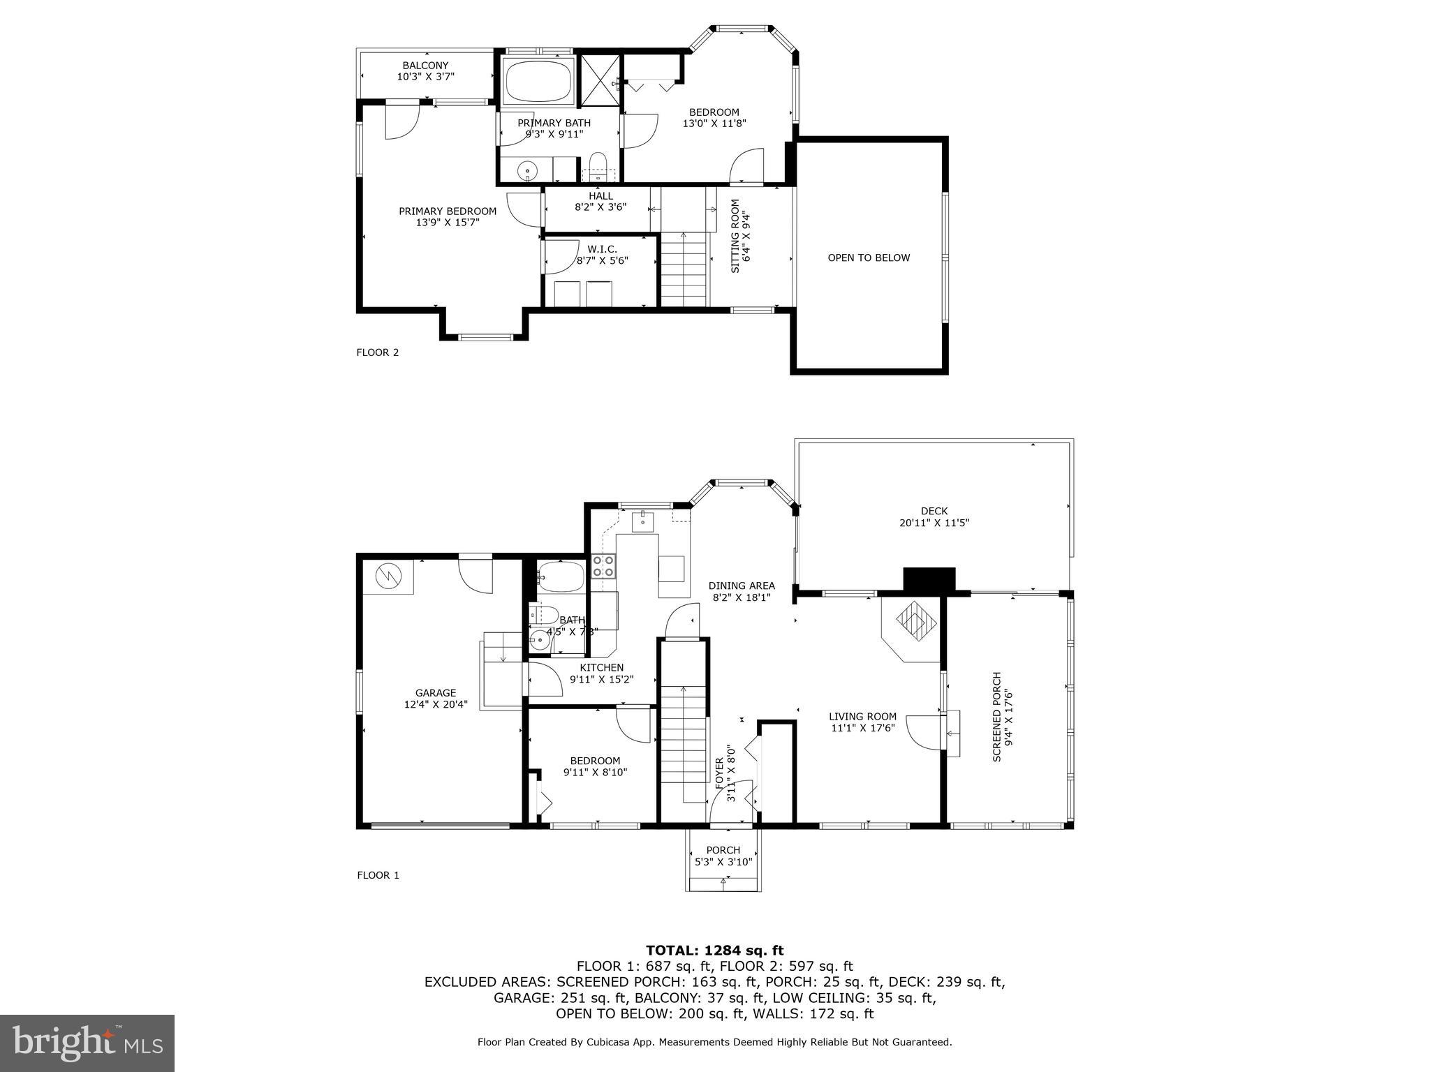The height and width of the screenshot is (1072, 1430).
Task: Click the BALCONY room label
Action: click(425, 66)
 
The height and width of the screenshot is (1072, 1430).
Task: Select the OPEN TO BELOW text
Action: click(869, 258)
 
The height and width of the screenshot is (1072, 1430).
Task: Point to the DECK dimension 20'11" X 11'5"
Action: click(934, 523)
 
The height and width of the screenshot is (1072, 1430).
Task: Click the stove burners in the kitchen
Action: click(603, 566)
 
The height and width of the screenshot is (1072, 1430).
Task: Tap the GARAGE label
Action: click(435, 693)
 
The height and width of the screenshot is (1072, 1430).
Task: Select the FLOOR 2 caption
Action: click(377, 352)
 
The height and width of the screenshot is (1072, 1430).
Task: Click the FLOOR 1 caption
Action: click(378, 875)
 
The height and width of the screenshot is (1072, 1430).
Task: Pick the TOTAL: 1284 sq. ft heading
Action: click(714, 950)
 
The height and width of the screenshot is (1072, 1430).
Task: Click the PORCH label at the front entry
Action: click(723, 850)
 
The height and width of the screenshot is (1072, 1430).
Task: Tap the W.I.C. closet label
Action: click(602, 249)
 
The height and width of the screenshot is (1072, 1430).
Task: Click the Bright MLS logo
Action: click(87, 1043)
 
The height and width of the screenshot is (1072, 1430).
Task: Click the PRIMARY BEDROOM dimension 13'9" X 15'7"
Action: click(447, 223)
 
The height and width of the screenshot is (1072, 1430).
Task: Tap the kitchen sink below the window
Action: click(643, 521)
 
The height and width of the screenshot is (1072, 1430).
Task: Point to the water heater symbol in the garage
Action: click(388, 576)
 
